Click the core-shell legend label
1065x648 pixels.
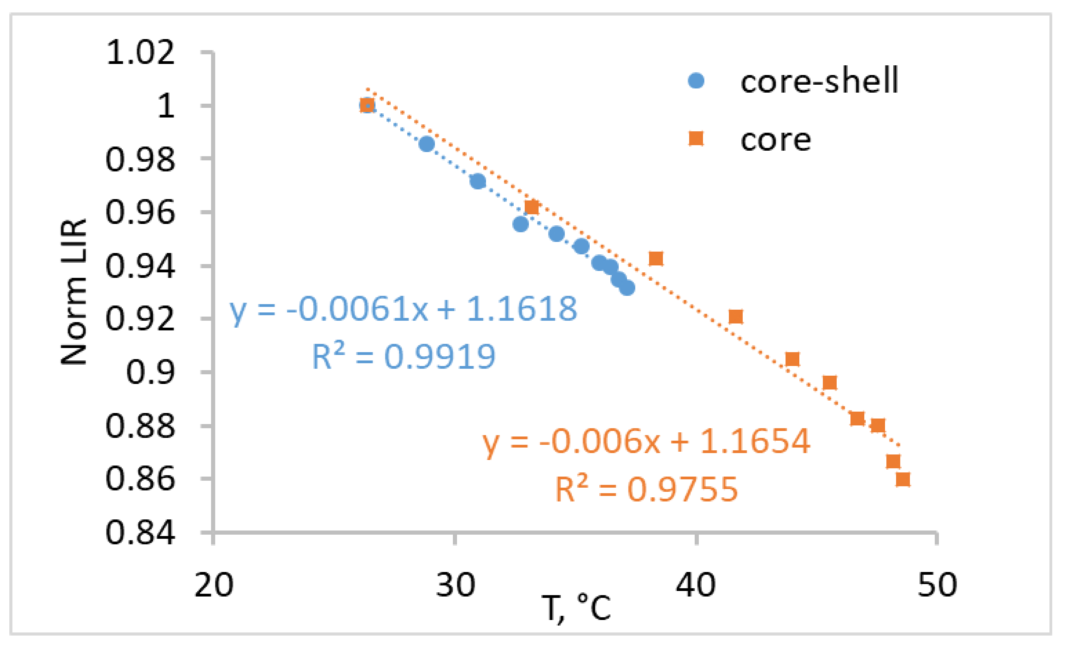click(819, 81)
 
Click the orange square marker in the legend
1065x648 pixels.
click(696, 139)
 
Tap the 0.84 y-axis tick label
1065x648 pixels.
click(140, 532)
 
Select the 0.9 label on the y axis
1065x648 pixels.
click(150, 372)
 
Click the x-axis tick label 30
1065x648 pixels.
click(455, 585)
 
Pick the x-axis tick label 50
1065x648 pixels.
click(937, 585)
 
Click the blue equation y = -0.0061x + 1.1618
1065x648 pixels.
click(403, 310)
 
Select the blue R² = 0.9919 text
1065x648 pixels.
click(403, 357)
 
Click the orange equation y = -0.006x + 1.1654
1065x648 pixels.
click(646, 442)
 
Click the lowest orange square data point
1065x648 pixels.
click(903, 479)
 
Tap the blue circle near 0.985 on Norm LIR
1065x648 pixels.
click(427, 144)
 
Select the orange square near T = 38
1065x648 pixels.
click(656, 259)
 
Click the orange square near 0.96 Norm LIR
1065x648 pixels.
click(532, 207)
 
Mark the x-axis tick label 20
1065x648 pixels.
click(214, 585)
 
